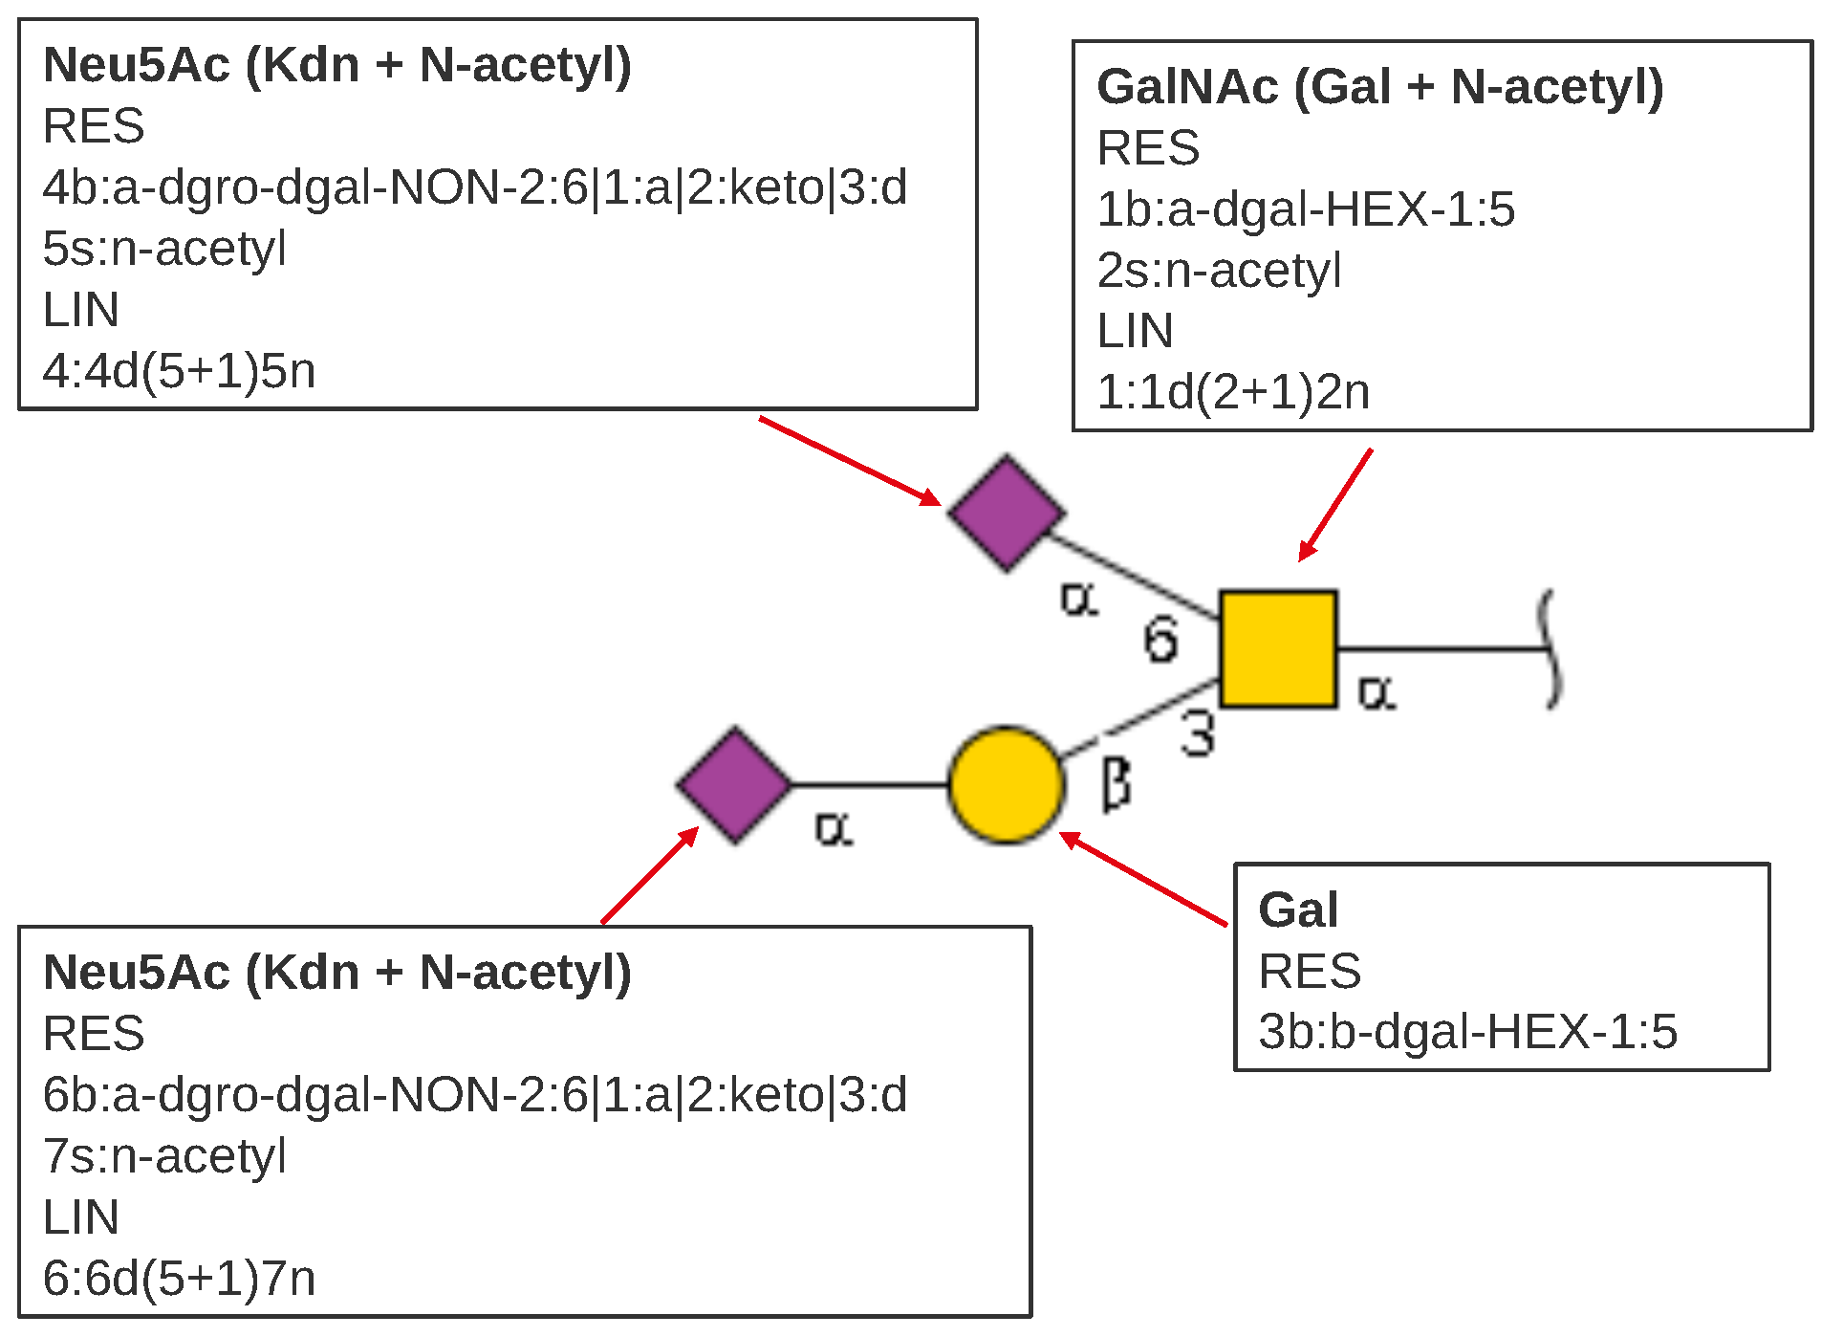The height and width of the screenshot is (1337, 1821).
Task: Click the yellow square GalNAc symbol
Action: (1277, 649)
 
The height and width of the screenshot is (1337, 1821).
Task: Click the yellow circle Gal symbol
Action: (1006, 785)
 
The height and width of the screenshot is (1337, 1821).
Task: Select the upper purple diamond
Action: (1007, 514)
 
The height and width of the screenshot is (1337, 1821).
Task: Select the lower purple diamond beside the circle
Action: (734, 785)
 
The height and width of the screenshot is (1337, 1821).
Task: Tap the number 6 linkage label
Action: (1160, 640)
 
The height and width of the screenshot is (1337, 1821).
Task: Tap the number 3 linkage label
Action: (1198, 734)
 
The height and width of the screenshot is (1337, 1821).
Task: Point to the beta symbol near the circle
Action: (1116, 784)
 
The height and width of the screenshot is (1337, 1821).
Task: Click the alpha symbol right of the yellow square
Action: (1377, 692)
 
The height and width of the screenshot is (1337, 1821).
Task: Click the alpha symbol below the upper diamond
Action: (1079, 600)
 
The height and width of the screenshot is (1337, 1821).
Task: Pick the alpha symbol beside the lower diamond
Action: (834, 828)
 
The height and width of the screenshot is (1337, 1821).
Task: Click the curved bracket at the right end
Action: (1550, 649)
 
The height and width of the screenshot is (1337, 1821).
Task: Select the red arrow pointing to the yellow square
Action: (1335, 504)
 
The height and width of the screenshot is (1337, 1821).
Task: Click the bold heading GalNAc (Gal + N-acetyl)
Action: (1379, 86)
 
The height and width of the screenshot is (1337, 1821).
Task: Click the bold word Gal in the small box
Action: (1297, 909)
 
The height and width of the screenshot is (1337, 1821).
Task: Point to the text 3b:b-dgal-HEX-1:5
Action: (1467, 1031)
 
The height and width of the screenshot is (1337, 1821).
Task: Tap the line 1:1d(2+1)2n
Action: (1232, 392)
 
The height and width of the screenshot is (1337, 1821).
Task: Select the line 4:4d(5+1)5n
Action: (179, 371)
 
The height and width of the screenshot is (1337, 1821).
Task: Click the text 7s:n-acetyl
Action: (164, 1155)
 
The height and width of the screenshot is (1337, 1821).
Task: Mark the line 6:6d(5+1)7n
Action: (179, 1279)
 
